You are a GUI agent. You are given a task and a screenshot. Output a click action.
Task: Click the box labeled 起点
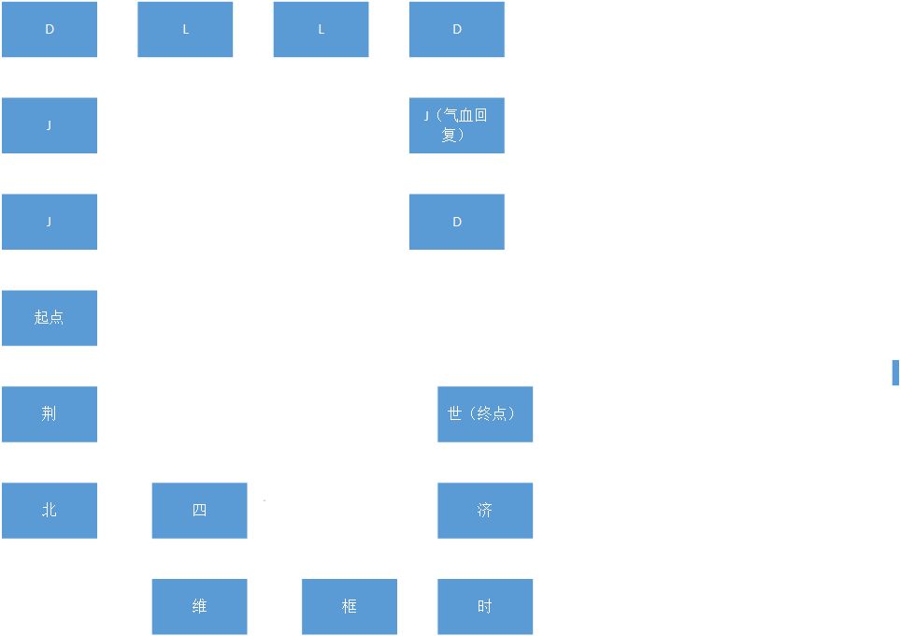tap(50, 318)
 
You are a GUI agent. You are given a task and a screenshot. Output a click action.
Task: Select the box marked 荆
tap(50, 414)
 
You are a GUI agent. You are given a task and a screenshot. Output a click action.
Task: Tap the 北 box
tap(50, 511)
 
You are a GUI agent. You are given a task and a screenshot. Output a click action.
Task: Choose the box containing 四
tap(199, 511)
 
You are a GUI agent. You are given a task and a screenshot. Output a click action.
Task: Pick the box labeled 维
tap(199, 607)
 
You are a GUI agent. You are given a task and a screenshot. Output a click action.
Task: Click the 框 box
tap(350, 607)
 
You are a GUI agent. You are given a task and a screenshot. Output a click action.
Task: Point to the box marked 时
tap(485, 607)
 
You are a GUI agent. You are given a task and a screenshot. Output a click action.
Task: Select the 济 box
tap(485, 511)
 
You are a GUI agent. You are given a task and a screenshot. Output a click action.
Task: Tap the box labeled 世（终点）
tap(485, 414)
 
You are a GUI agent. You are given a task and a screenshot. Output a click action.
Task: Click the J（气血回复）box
tap(457, 125)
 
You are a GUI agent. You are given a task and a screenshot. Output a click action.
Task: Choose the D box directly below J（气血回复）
tap(457, 222)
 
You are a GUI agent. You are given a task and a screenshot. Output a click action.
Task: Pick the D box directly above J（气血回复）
tap(457, 29)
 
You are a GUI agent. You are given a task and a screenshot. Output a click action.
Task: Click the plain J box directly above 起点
tap(50, 222)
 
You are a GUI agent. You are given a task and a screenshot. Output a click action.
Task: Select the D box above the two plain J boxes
tap(50, 29)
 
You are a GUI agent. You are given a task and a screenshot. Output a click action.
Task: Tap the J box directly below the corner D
tap(50, 125)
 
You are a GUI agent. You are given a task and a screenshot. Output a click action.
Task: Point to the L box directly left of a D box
tap(322, 29)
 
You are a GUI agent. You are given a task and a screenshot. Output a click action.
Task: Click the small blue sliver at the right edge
tap(895, 372)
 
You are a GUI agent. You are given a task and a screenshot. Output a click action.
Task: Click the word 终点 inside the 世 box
tap(492, 413)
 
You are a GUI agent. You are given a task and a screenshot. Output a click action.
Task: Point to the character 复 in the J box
tap(449, 135)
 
